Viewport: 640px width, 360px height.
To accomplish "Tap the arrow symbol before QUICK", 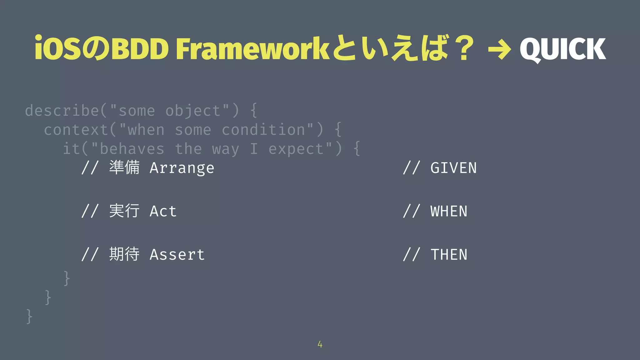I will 500,49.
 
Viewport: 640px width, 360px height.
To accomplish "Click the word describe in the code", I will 62,111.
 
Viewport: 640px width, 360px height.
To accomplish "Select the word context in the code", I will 76,130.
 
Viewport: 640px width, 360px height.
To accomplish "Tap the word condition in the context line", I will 263,130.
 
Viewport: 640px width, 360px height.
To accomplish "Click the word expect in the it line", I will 296,149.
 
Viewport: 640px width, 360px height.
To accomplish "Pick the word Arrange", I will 182,168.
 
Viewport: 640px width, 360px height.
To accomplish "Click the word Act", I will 163,211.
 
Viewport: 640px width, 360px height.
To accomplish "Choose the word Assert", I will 177,254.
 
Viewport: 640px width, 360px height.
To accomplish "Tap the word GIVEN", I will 453,168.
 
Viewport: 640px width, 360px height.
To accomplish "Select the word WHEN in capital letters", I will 449,211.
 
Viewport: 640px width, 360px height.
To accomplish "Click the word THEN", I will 449,254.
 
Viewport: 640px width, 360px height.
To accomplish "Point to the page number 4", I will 320,344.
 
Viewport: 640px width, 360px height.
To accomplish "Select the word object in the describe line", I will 193,111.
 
